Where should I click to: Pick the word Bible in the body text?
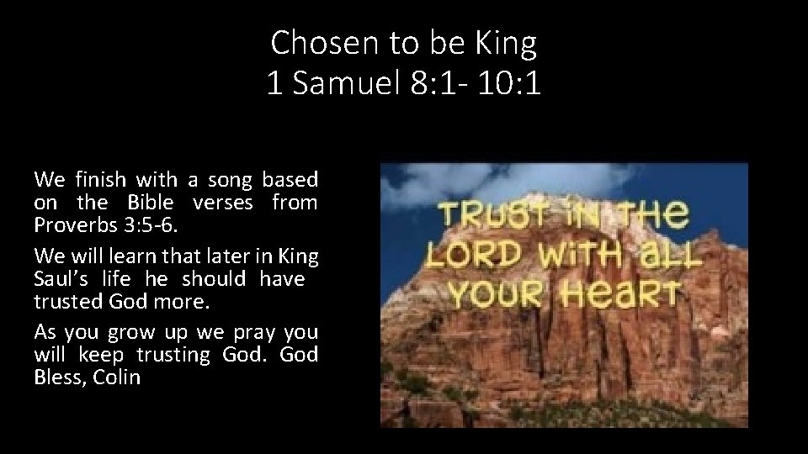point(151,203)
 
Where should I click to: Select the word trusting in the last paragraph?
point(169,355)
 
